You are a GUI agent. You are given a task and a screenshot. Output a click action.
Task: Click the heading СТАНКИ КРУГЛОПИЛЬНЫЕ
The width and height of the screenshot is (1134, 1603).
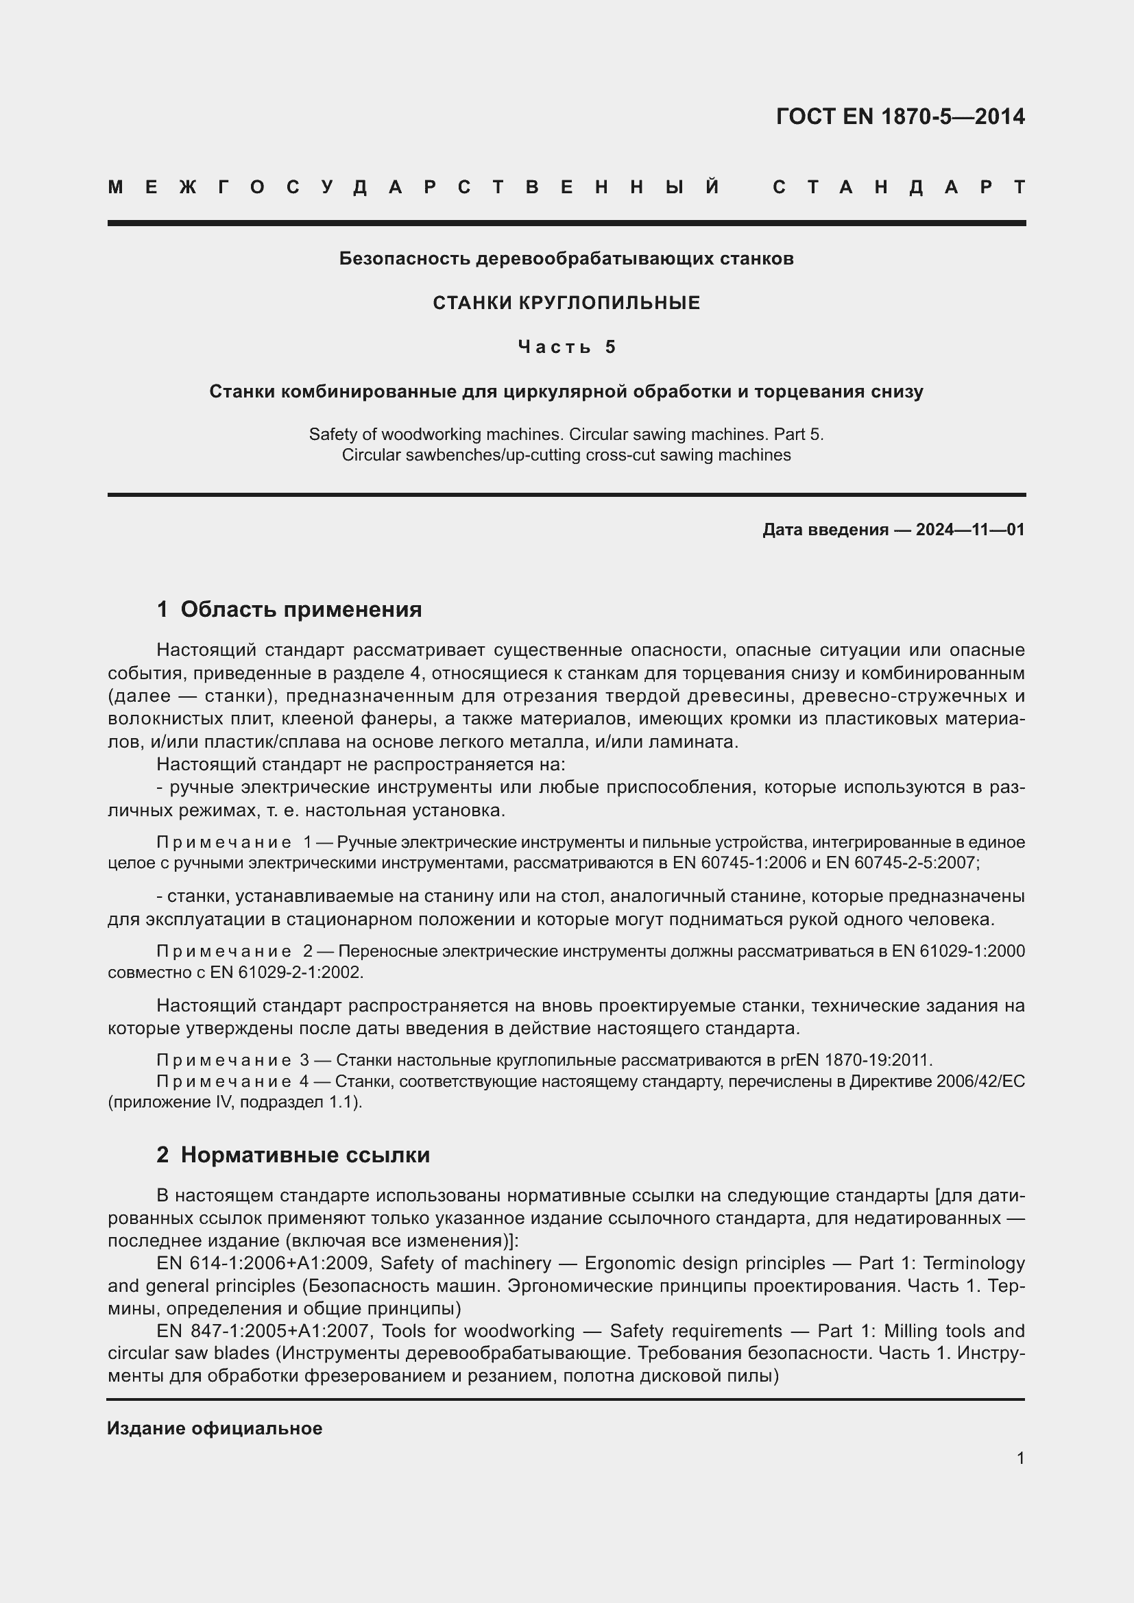(566, 303)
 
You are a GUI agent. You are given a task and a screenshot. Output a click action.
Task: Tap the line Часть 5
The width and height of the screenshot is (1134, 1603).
(566, 347)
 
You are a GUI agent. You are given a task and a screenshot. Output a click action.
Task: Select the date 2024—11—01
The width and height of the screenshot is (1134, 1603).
(970, 530)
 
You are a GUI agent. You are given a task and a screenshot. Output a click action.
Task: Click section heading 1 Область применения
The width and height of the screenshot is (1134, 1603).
(289, 609)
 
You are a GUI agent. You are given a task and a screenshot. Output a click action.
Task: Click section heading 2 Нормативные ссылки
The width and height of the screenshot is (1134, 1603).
(293, 1155)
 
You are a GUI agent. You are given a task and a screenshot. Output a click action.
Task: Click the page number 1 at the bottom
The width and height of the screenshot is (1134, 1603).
(1020, 1458)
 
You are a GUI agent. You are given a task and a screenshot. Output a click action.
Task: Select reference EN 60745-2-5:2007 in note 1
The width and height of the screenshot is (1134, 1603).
(901, 863)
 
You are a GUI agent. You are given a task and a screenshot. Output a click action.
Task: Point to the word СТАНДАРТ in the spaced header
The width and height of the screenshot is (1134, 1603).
(899, 188)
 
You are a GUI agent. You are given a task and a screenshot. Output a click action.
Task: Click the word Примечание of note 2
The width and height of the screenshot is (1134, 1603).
(224, 952)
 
